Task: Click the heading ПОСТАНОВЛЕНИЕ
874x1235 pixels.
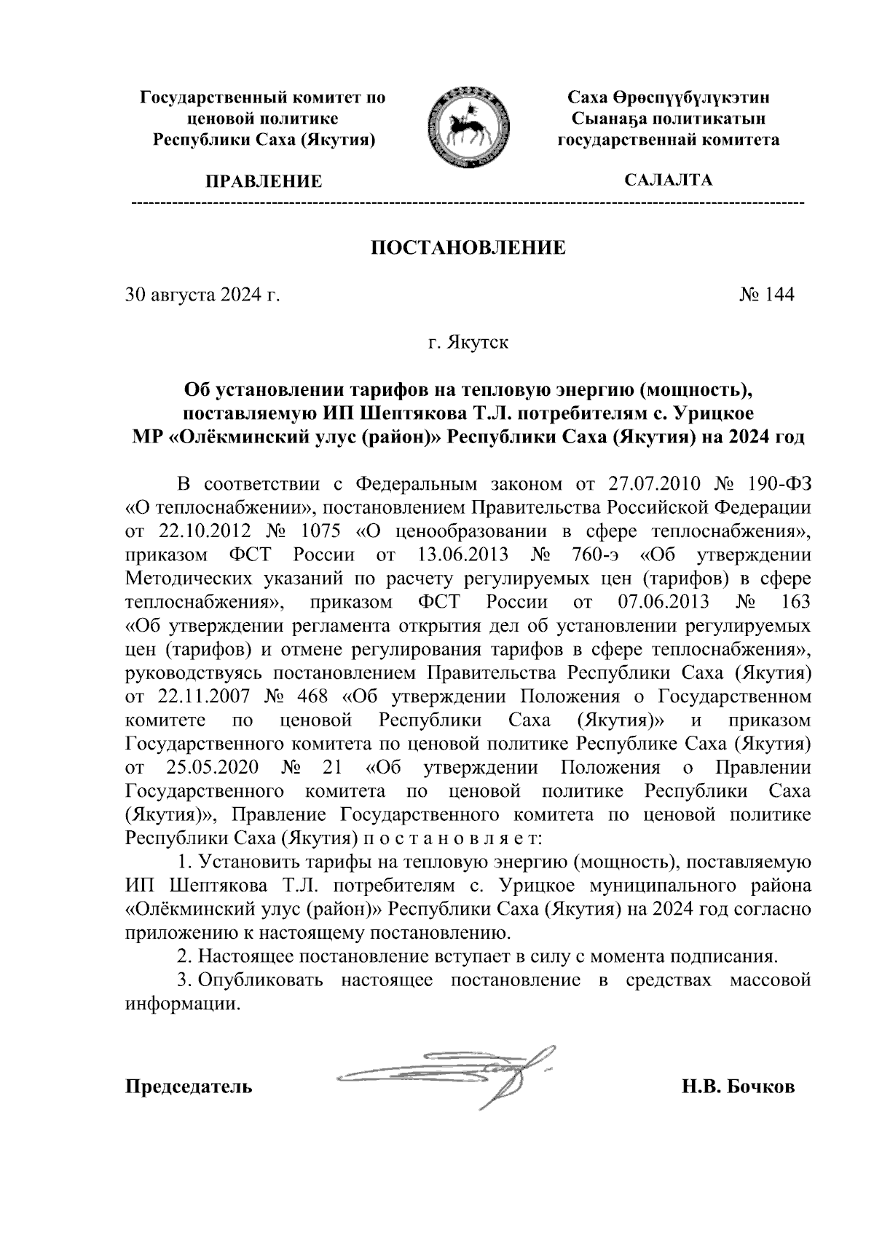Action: (468, 248)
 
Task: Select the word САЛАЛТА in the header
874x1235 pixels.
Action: (669, 180)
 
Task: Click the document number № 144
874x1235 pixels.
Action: (766, 295)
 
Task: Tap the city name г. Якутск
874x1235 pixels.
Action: (468, 342)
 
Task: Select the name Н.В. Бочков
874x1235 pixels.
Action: (738, 1087)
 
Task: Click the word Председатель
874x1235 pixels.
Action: (189, 1087)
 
